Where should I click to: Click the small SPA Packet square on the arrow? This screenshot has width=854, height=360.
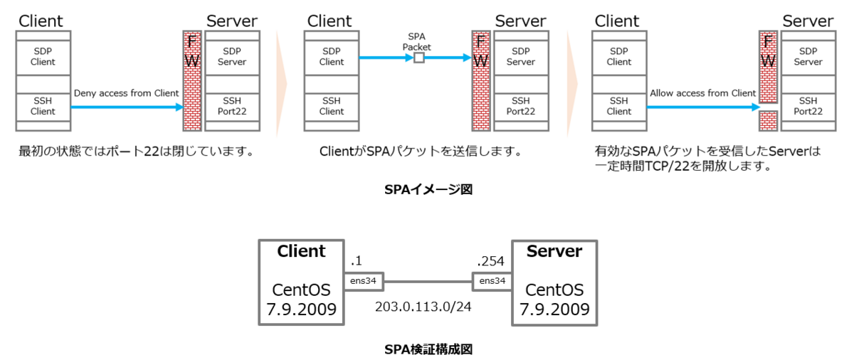click(419, 57)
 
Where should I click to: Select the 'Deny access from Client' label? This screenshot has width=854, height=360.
click(126, 93)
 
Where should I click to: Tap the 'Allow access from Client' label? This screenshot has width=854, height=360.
click(702, 93)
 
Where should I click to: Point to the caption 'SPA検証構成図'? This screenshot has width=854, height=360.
click(428, 349)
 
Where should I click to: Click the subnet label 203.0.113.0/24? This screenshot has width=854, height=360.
click(423, 307)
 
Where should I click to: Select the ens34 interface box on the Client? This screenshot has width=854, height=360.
click(363, 282)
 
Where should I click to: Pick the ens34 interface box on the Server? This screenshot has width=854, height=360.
click(492, 282)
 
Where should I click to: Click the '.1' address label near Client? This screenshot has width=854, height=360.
click(357, 262)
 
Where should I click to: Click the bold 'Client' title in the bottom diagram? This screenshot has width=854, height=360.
click(301, 251)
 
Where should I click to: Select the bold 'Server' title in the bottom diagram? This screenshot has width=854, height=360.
click(554, 251)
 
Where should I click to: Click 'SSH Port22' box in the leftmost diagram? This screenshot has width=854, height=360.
click(231, 106)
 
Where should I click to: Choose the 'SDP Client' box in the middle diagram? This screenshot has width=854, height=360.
click(331, 56)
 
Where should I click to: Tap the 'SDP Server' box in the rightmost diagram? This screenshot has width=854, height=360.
click(808, 56)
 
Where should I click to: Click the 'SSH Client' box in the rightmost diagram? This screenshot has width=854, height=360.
click(618, 106)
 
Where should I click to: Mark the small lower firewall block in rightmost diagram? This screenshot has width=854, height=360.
click(767, 120)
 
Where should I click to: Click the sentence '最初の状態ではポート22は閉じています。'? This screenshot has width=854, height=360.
click(136, 152)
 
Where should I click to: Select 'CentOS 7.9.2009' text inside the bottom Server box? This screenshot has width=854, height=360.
click(554, 300)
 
